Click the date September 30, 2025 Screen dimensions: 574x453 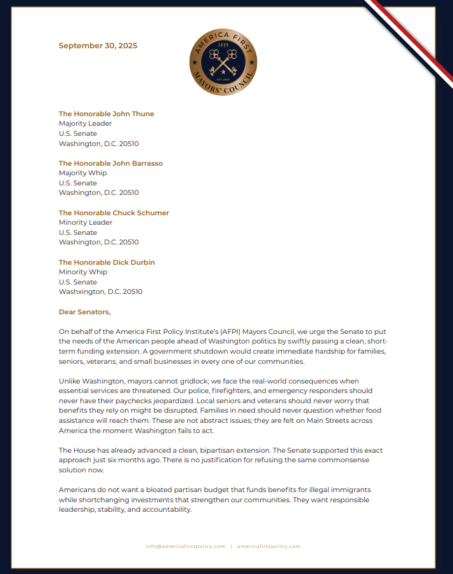tap(98, 46)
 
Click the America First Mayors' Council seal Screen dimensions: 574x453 tap(223, 62)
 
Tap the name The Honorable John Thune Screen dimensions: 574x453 tap(107, 114)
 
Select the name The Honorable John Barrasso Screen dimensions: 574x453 tap(110, 163)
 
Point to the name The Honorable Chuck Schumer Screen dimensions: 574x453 tap(114, 213)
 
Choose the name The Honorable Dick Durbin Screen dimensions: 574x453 tap(107, 262)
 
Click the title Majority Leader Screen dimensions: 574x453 tap(85, 124)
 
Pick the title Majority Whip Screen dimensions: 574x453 tap(82, 173)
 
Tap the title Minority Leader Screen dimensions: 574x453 tap(86, 223)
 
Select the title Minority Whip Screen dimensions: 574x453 tap(82, 272)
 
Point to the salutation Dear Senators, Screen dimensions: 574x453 tap(84, 312)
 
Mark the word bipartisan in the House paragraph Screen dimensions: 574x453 tap(214, 450)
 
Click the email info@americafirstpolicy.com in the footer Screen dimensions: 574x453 tap(185, 546)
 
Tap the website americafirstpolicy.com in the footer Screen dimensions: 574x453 tap(268, 546)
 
